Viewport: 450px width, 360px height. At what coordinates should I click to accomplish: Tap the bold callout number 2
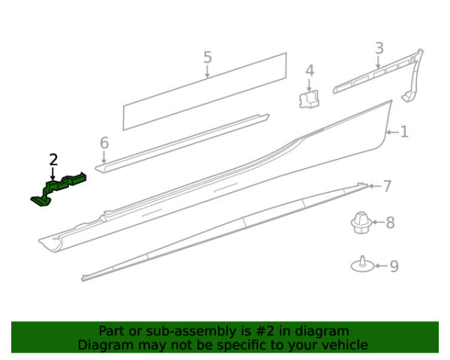point(53,160)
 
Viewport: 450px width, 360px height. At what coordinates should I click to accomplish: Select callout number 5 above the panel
point(208,57)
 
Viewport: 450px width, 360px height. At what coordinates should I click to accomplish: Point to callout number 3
point(379,48)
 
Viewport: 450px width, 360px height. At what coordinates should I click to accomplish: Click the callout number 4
point(310,70)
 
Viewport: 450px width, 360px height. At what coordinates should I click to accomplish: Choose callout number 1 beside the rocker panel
point(404,132)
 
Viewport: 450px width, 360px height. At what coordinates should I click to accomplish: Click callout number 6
point(104,142)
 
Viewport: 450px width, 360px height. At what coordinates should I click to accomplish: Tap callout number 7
point(387,186)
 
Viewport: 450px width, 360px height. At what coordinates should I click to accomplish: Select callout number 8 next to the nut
point(390,223)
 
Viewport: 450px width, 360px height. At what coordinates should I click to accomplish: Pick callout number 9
point(394,265)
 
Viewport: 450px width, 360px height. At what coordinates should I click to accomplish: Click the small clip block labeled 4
point(309,99)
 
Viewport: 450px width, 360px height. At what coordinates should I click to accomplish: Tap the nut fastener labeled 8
point(361,223)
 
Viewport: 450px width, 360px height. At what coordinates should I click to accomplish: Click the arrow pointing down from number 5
point(207,71)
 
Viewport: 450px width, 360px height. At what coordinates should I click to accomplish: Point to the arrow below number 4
point(309,85)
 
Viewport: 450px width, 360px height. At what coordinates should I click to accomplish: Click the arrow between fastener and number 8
point(379,222)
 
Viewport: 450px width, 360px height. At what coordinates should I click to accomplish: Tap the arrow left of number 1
point(392,132)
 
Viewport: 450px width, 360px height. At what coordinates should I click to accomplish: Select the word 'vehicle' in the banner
point(348,344)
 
